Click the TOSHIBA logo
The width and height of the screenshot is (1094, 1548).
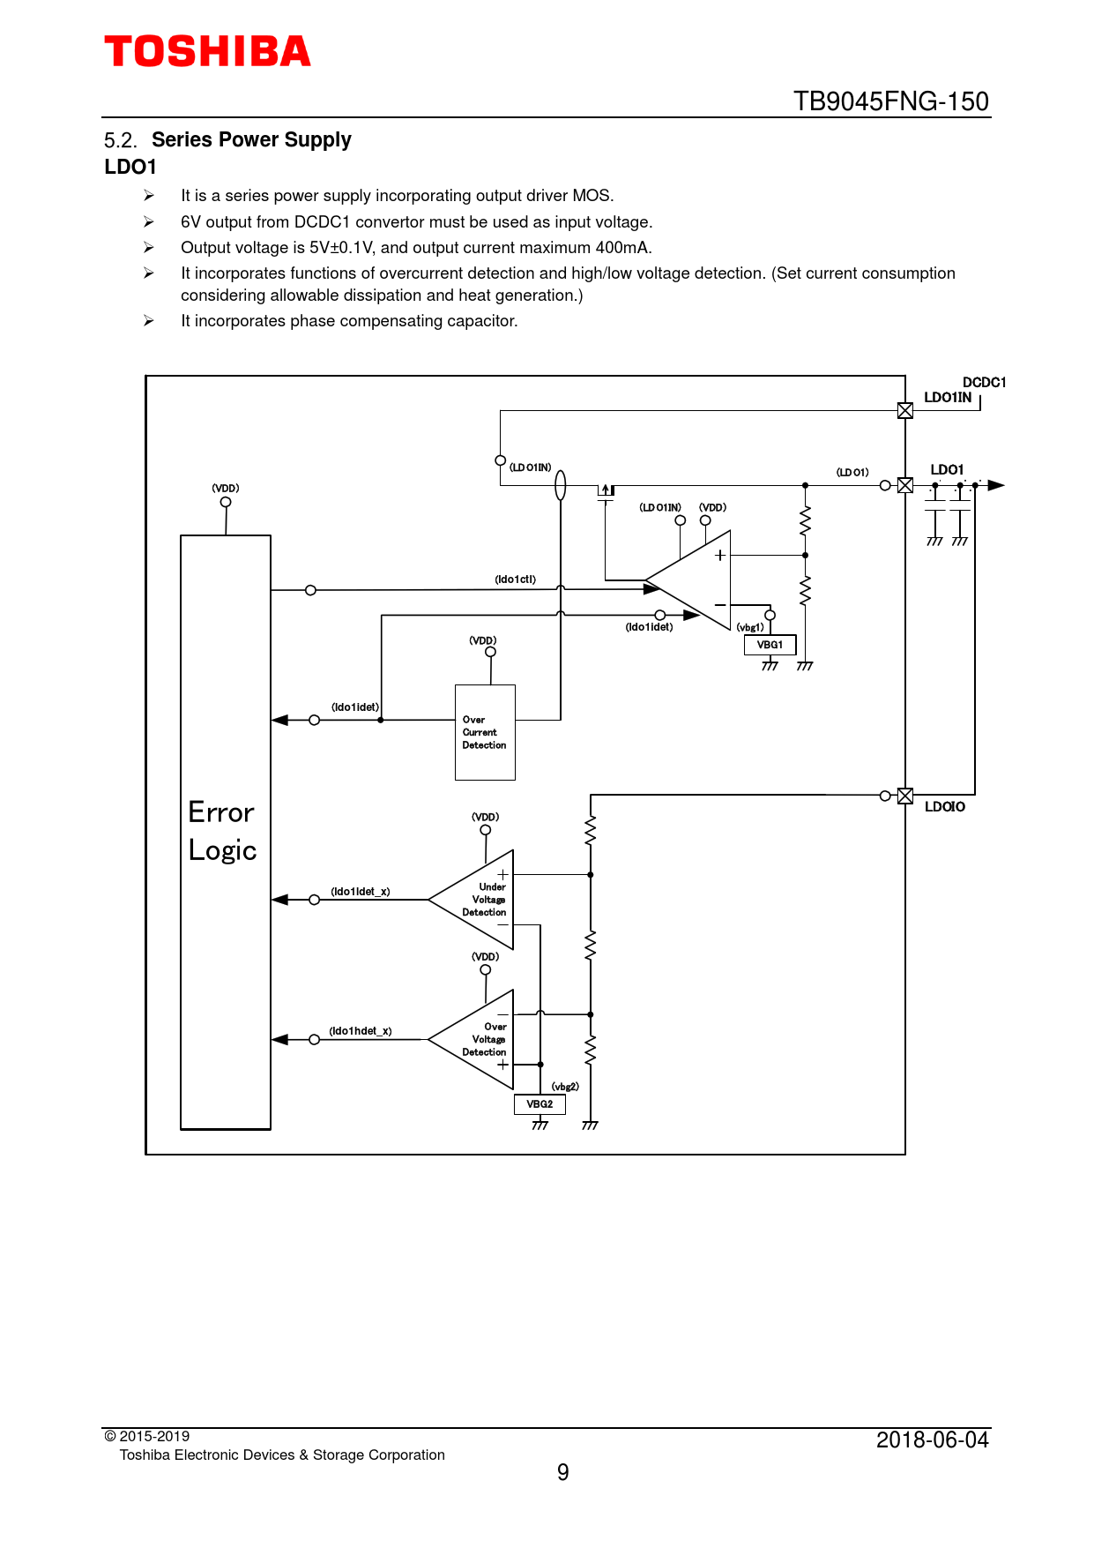[x=207, y=52]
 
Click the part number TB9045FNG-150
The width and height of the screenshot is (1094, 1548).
[x=890, y=101]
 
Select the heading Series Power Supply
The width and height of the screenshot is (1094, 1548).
[x=251, y=140]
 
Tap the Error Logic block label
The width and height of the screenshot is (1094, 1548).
[x=222, y=831]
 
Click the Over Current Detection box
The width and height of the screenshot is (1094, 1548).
[x=485, y=732]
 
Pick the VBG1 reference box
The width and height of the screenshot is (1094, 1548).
[x=770, y=645]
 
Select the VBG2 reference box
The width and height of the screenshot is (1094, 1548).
[x=540, y=1104]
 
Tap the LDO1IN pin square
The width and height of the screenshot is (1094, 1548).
[x=905, y=410]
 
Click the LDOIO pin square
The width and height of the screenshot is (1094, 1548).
[x=905, y=796]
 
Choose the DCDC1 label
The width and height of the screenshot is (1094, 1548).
[x=984, y=383]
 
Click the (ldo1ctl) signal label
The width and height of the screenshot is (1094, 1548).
[x=515, y=580]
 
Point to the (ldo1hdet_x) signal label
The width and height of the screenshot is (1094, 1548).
[x=361, y=1031]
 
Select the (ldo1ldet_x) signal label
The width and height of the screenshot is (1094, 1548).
[x=361, y=892]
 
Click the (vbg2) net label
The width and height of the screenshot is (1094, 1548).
[x=565, y=1087]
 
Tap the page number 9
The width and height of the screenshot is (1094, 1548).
[x=563, y=1472]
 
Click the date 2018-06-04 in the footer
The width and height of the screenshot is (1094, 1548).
[x=932, y=1440]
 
